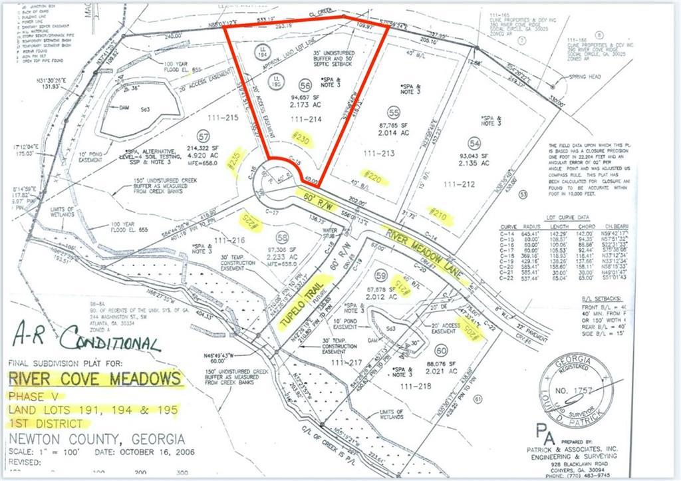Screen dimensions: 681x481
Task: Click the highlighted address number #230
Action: pos(301,140)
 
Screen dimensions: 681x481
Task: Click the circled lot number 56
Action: pos(305,85)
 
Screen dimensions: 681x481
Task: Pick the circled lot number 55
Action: pos(394,112)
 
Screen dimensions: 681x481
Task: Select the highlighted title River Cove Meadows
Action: pos(95,380)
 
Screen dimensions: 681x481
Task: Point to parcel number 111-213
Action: pos(380,154)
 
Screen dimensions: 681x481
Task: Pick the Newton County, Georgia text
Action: pos(96,440)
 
